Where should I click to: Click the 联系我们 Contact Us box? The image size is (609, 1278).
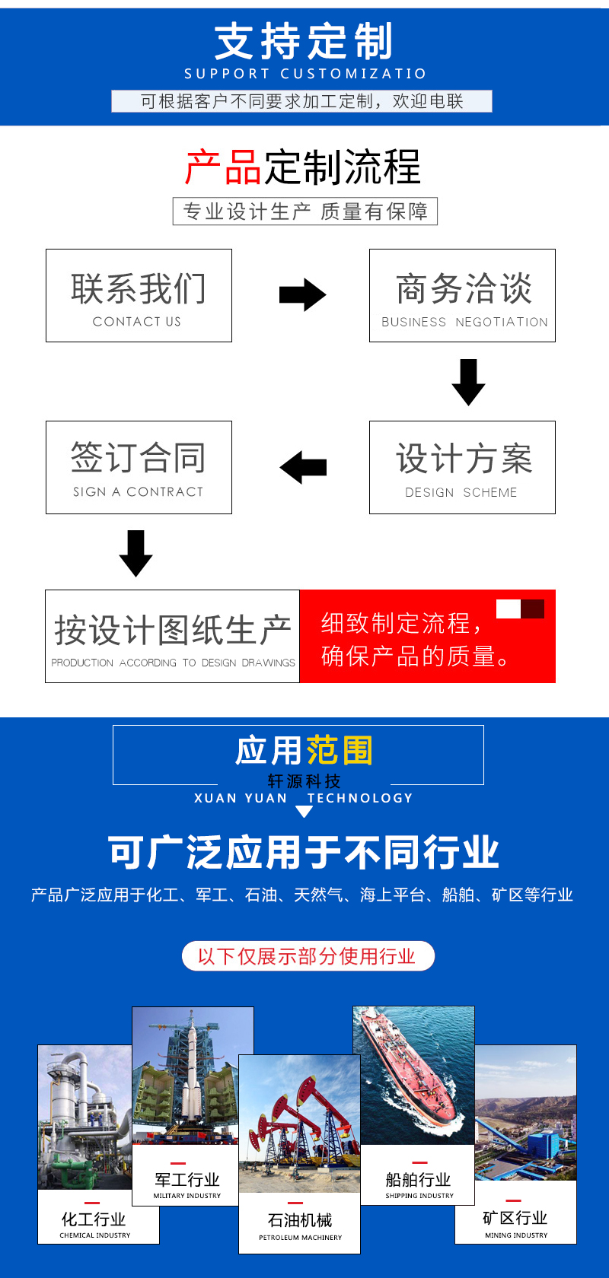139,295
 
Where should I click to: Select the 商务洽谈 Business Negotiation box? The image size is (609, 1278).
462,295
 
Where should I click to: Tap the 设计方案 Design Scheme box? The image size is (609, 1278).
462,467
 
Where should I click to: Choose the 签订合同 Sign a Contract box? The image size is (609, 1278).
139,467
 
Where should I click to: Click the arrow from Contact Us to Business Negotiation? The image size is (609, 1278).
302,295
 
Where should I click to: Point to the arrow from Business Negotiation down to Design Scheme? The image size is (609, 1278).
468,382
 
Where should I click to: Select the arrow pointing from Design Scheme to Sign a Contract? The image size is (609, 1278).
303,467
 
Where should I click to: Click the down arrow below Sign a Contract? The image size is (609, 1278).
136,553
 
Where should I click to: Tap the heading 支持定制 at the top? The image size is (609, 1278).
304,41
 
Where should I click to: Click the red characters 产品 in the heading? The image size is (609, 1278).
224,167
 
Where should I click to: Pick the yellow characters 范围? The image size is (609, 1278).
340,751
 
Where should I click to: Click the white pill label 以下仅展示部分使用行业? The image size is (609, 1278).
308,956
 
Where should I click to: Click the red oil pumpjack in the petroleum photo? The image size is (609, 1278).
304,1103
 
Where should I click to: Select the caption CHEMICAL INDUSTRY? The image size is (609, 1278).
95,1235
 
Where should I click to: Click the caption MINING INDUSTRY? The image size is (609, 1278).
516,1235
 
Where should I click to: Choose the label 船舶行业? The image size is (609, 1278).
418,1180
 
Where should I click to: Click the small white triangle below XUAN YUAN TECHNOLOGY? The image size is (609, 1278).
304,812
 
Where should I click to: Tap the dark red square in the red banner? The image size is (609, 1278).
532,609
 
